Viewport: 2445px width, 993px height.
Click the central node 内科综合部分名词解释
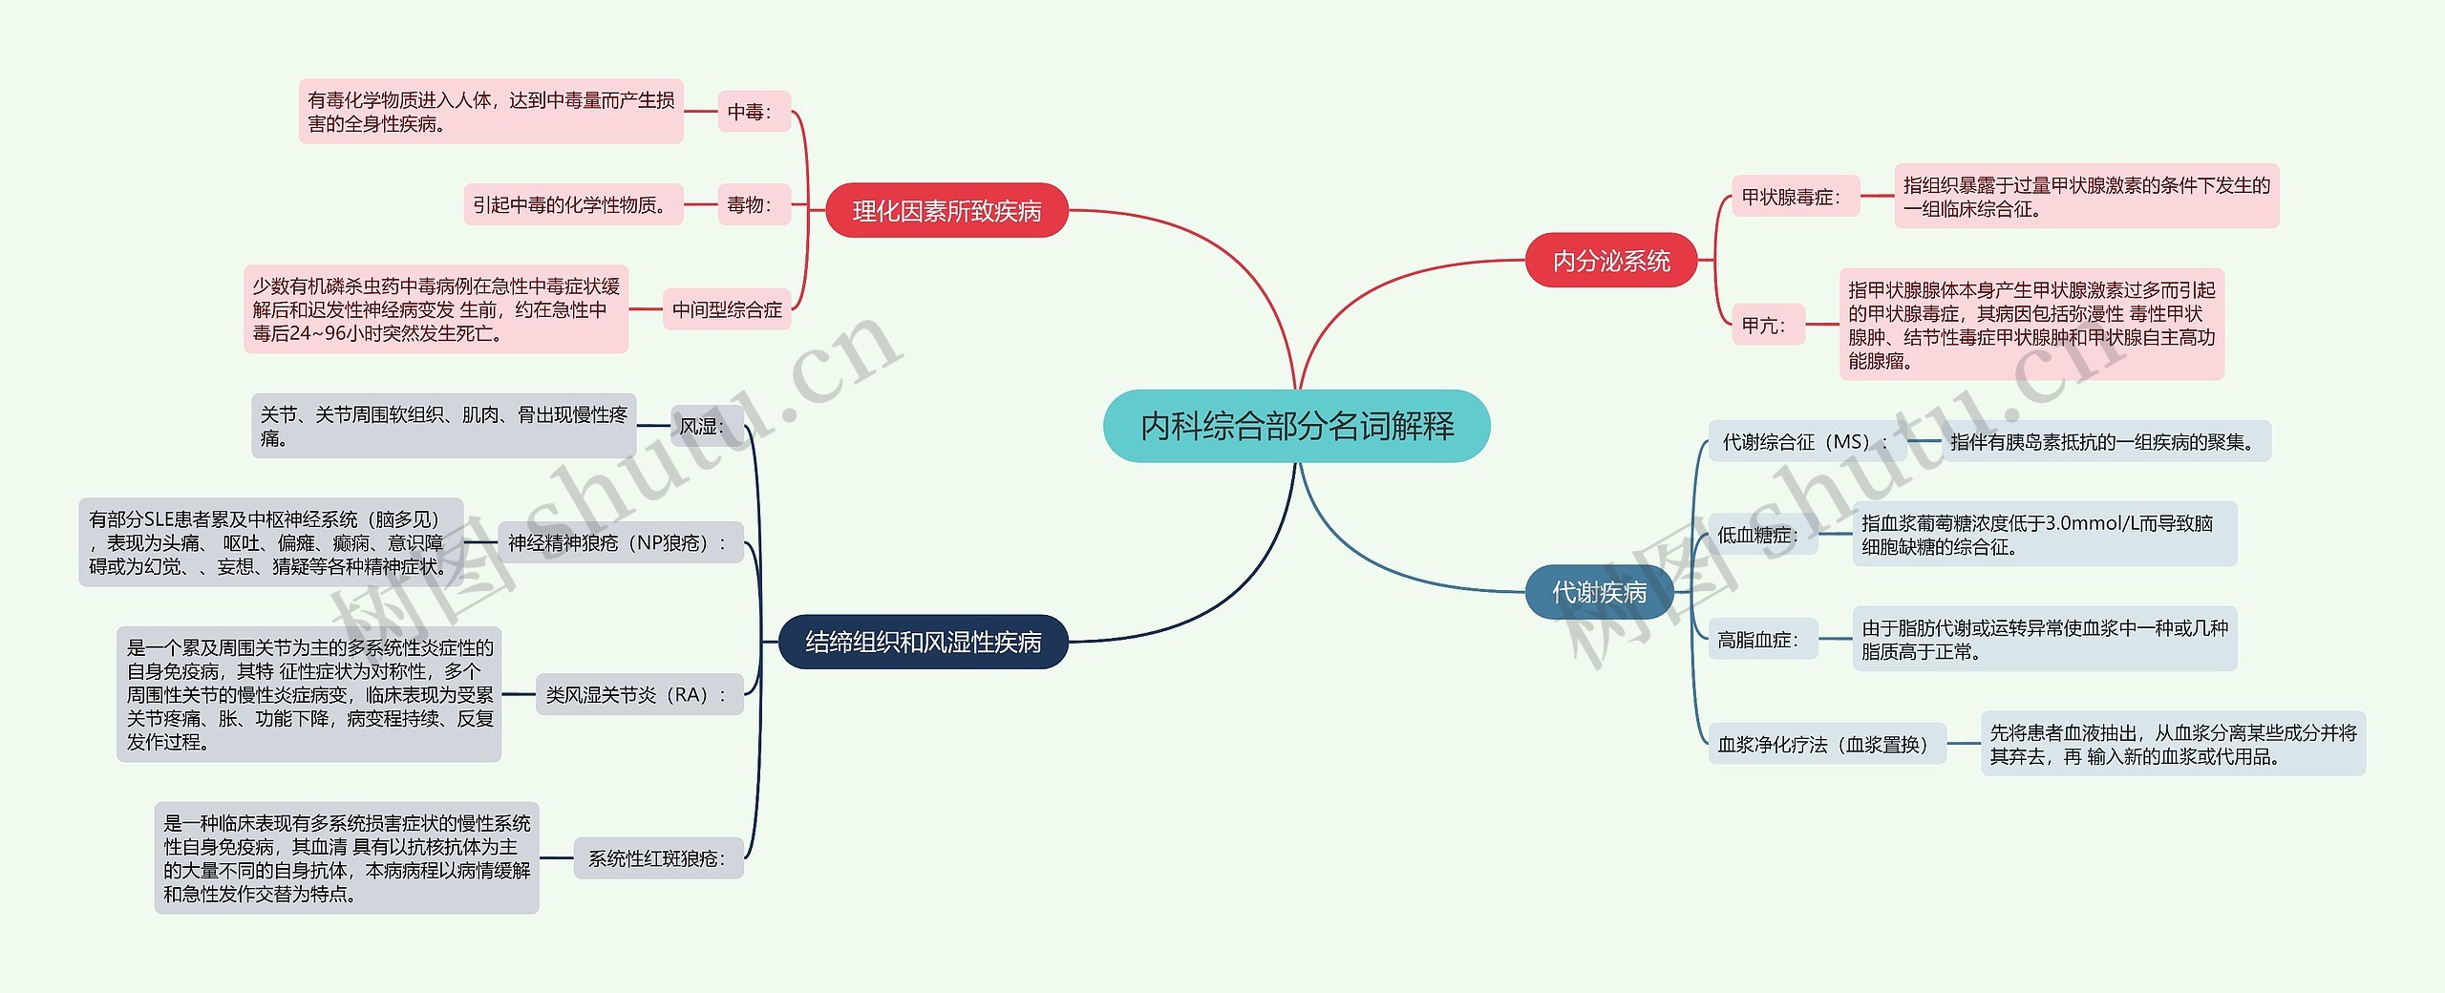[1296, 426]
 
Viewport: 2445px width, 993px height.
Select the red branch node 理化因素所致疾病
[946, 211]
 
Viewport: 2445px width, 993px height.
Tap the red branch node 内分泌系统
[1610, 261]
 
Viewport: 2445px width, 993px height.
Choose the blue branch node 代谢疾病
[1599, 592]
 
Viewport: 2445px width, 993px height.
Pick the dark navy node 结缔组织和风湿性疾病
[923, 642]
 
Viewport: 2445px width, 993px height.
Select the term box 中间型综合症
[727, 309]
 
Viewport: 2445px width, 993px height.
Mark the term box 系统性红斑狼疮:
[658, 858]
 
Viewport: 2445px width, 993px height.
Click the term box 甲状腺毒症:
[1795, 197]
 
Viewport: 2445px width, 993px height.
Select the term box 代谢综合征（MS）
[1805, 442]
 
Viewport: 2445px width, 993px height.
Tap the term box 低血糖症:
[1760, 535]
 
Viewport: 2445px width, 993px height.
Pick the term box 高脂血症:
[1760, 640]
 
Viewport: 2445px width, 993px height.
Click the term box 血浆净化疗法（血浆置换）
[1825, 744]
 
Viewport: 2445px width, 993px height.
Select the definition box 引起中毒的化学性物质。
[573, 204]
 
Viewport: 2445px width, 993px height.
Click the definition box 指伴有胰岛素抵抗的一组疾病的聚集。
[2106, 442]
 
